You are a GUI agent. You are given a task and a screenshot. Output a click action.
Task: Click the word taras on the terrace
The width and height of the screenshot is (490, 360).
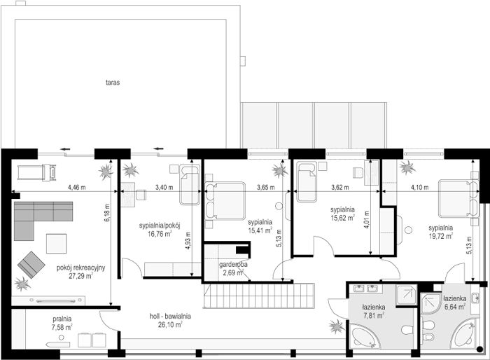point(113,83)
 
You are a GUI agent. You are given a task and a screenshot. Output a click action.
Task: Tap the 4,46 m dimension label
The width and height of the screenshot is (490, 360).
point(76,188)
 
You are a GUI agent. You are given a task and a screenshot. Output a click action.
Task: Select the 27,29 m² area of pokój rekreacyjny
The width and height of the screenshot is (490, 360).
point(80,276)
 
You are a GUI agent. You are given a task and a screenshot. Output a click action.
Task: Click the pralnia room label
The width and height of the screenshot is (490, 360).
point(62,319)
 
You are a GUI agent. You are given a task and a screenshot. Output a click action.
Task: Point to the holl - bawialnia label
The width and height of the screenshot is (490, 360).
point(170,316)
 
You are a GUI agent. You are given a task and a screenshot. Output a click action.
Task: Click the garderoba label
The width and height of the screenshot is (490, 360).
point(233,265)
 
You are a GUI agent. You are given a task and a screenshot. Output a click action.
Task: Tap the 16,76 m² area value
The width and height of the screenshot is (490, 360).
point(160,234)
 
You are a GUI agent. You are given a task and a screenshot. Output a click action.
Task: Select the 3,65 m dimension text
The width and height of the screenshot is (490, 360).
point(265,188)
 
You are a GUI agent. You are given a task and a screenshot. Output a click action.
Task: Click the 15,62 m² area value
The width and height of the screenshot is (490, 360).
point(342,218)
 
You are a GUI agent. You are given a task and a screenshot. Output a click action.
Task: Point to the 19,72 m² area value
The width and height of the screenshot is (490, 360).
point(440,236)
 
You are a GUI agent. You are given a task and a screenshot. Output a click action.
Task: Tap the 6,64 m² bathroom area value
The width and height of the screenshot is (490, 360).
point(455,307)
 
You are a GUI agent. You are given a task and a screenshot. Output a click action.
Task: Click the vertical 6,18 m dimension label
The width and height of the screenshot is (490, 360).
point(107,213)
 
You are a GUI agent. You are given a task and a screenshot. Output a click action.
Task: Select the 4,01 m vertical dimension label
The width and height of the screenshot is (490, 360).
point(367,220)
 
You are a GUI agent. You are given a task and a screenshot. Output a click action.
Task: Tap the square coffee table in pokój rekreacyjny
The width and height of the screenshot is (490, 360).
point(56,244)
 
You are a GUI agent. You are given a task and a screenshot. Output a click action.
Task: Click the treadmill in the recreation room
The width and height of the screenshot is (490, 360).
point(37,172)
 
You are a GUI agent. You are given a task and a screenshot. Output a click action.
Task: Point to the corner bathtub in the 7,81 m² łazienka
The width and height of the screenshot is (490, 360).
point(364,337)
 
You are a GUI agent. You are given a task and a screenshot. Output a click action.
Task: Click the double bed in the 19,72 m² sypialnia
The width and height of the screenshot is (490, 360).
point(458,198)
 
